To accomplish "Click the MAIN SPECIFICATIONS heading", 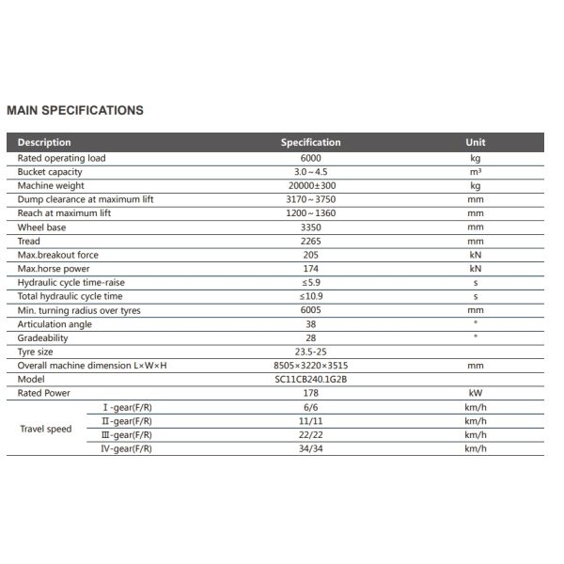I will (x=75, y=110).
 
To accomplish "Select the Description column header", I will (x=44, y=143).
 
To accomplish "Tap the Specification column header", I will (x=310, y=143).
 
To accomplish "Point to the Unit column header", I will (x=476, y=143).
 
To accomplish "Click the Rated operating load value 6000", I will (x=310, y=158).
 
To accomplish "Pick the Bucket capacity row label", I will (x=50, y=172).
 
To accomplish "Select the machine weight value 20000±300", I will (x=310, y=186).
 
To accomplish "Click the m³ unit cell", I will (x=476, y=172).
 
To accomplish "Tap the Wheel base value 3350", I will (x=310, y=227).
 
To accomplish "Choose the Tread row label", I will (x=29, y=242).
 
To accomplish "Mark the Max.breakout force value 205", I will (x=310, y=255).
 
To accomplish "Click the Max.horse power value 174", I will (x=310, y=269).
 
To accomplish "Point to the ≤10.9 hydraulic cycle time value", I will (x=310, y=297).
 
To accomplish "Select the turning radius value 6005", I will (x=310, y=310).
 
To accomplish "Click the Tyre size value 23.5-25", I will (x=310, y=352).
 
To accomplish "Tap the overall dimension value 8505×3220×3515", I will (x=310, y=366).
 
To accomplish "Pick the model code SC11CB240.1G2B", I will (x=310, y=379).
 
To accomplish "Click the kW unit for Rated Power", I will (x=476, y=393).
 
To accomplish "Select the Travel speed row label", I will (x=46, y=429).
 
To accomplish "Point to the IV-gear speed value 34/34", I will (x=310, y=448).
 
